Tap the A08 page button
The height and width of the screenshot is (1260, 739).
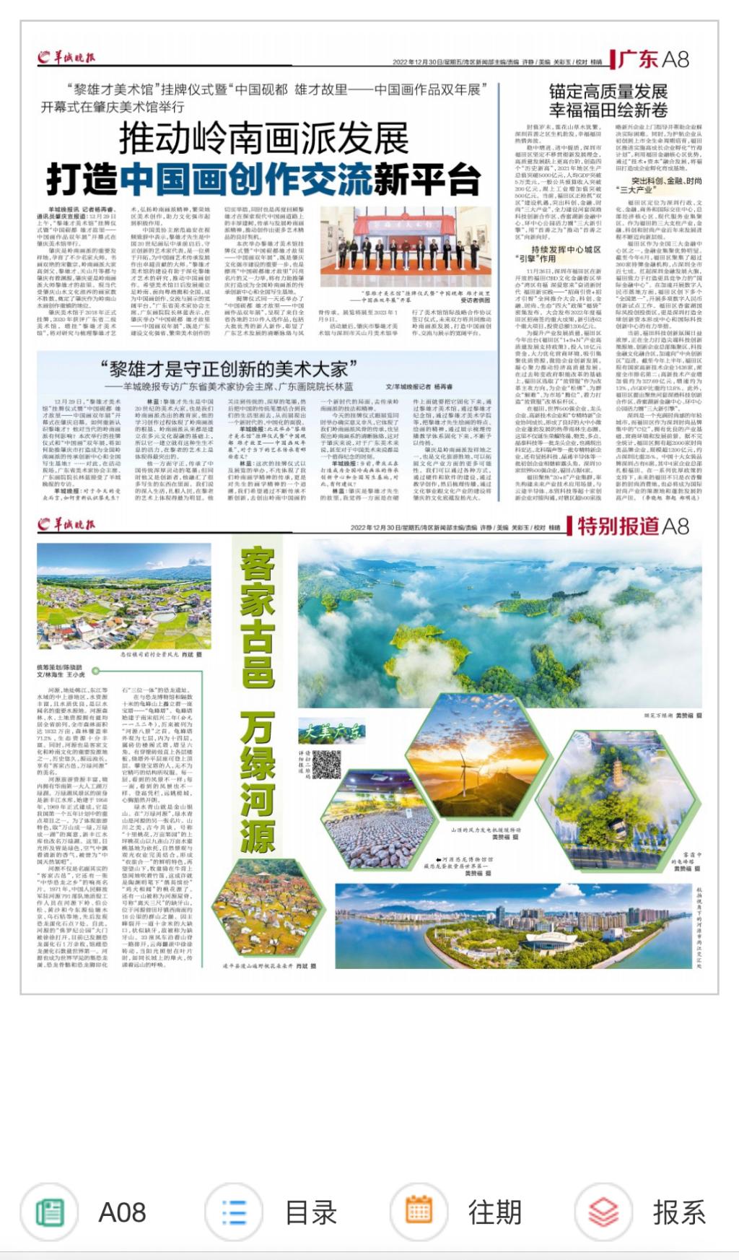[121, 1212]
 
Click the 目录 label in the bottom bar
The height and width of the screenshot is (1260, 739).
[311, 1212]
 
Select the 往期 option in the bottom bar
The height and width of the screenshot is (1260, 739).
[494, 1212]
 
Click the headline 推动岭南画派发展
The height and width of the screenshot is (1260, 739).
[263, 138]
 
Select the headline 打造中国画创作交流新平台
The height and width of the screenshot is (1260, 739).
[263, 179]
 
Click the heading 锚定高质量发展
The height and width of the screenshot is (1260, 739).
[608, 92]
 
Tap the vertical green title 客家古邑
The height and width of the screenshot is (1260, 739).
[258, 617]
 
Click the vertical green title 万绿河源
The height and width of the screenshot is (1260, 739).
[258, 783]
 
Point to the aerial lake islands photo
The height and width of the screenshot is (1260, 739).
[499, 622]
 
